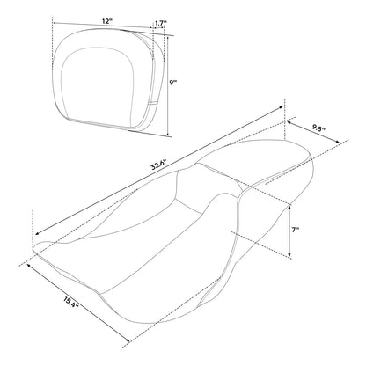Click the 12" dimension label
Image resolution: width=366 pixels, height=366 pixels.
tap(107, 21)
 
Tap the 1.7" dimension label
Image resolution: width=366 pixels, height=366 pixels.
tap(161, 23)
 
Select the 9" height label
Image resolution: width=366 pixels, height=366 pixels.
tap(173, 83)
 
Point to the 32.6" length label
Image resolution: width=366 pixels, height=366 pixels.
tap(158, 165)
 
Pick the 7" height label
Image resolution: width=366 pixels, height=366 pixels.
tap(296, 231)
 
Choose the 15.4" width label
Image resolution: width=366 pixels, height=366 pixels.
tap(70, 302)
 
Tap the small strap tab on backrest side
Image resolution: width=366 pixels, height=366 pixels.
tap(153, 103)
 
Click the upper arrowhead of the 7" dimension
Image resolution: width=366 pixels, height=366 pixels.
tap(289, 206)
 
